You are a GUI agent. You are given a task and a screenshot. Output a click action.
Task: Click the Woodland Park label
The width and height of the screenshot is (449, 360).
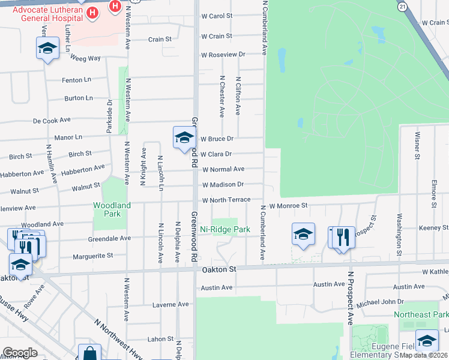pyautogui.click(x=112, y=209)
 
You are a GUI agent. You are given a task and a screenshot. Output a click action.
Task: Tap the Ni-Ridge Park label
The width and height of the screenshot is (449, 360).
pyautogui.click(x=225, y=229)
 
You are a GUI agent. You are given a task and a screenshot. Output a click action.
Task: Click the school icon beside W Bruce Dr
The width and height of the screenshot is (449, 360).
pyautogui.click(x=183, y=137)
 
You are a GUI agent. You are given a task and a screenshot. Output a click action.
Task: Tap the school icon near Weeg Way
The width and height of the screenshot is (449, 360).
pyautogui.click(x=47, y=49)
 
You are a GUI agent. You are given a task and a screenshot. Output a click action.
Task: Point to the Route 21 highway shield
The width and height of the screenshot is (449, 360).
pyautogui.click(x=402, y=6)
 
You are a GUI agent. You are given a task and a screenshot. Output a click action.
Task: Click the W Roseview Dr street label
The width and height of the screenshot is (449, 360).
pyautogui.click(x=223, y=55)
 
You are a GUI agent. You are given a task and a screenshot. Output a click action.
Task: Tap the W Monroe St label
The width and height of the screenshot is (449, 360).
pyautogui.click(x=288, y=205)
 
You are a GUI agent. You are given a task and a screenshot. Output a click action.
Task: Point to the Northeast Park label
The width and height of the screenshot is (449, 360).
pyautogui.click(x=421, y=315)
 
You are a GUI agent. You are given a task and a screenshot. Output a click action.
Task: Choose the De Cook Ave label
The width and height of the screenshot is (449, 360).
pyautogui.click(x=52, y=121)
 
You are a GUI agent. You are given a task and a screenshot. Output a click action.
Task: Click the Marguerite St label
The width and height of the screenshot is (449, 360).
pyautogui.click(x=92, y=256)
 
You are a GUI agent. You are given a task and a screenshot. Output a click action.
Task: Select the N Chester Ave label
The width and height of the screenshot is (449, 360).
pyautogui.click(x=221, y=96)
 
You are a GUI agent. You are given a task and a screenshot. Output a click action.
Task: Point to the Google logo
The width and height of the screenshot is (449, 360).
pyautogui.click(x=20, y=353)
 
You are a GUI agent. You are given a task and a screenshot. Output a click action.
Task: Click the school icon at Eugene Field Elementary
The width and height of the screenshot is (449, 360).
pyautogui.click(x=427, y=340)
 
